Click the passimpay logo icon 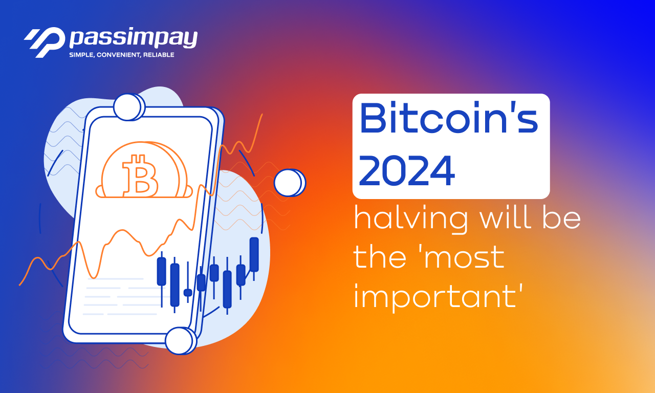point(45,42)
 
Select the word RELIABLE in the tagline point(159,55)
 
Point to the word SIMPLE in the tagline point(81,55)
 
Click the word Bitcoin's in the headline point(449,118)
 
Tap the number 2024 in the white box point(407,171)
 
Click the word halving point(411,219)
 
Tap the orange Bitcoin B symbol point(140,176)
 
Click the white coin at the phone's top point(129,107)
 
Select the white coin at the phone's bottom point(181,341)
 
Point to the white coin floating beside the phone point(290,183)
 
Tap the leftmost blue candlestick point(161,279)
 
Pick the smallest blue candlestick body point(188,293)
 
